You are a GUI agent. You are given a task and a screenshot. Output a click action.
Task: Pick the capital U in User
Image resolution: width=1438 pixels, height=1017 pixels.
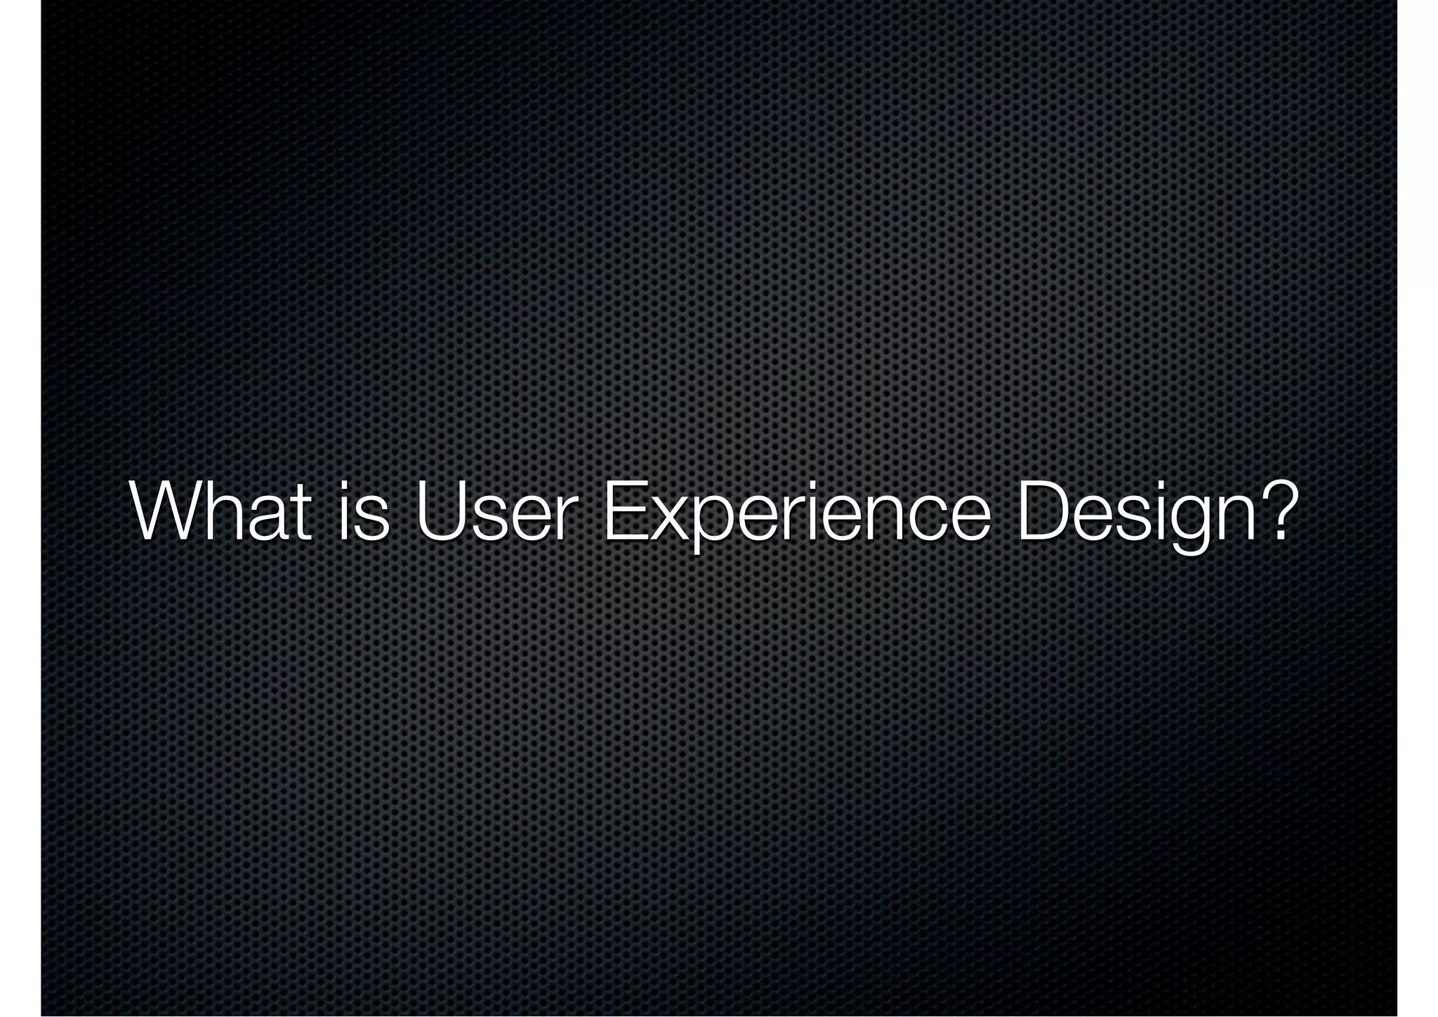442,511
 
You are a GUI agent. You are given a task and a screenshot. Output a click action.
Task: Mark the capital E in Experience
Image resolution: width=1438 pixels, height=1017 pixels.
624,511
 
